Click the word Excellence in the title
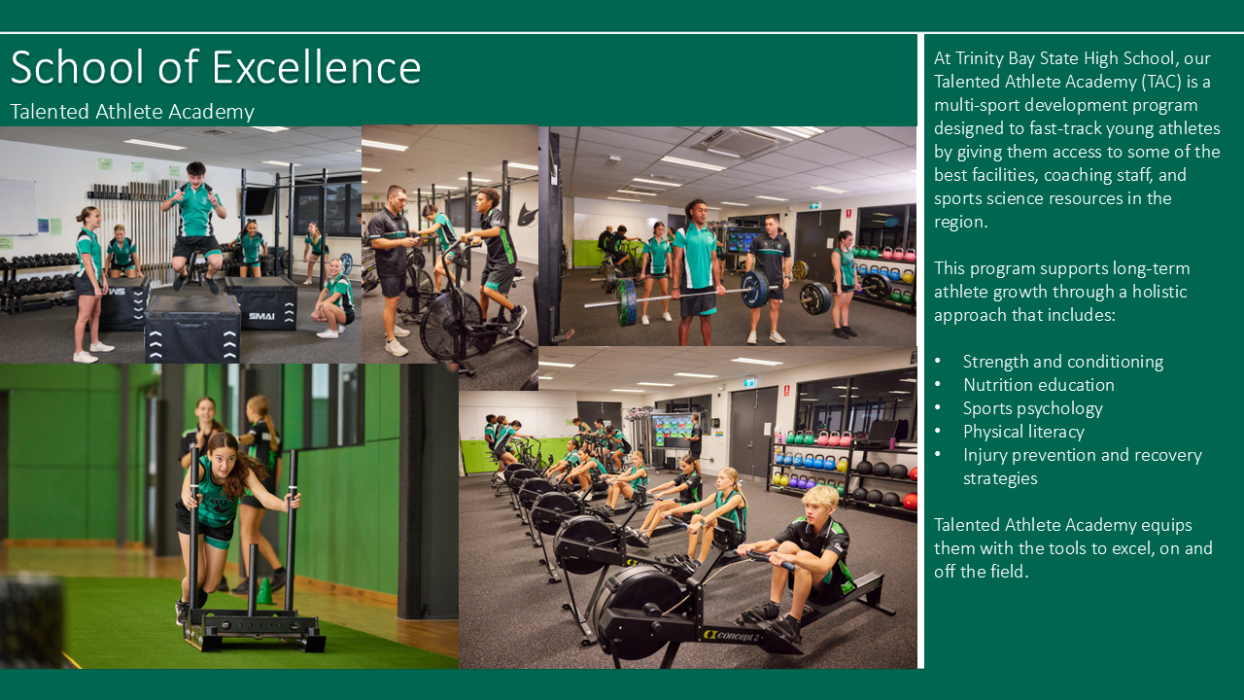pyautogui.click(x=317, y=68)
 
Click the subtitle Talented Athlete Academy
pyautogui.click(x=132, y=112)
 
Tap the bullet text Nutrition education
pyautogui.click(x=1039, y=384)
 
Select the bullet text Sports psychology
pyautogui.click(x=1032, y=408)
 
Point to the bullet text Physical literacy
pyautogui.click(x=1023, y=432)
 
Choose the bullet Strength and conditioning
pyautogui.click(x=1063, y=362)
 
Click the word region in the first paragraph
pyautogui.click(x=960, y=223)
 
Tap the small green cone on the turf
pyautogui.click(x=265, y=591)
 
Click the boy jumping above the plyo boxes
pyautogui.click(x=195, y=225)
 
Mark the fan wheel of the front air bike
pyautogui.click(x=450, y=328)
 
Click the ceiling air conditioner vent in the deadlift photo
pyautogui.click(x=739, y=142)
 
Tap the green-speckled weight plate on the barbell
pyautogui.click(x=626, y=301)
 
